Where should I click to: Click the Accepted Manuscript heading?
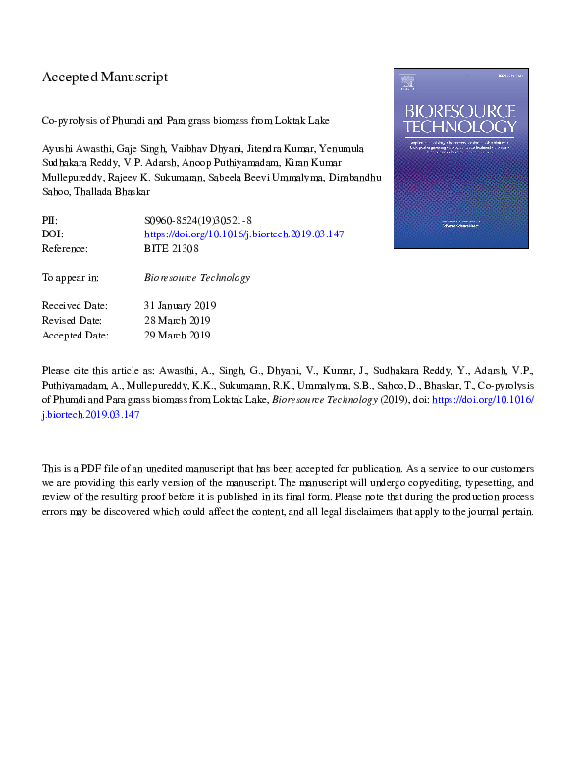click(x=105, y=77)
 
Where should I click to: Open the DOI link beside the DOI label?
click(x=243, y=235)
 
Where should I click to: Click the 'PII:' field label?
click(x=51, y=222)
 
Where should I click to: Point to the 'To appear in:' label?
click(x=71, y=277)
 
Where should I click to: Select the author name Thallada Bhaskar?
click(x=106, y=193)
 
